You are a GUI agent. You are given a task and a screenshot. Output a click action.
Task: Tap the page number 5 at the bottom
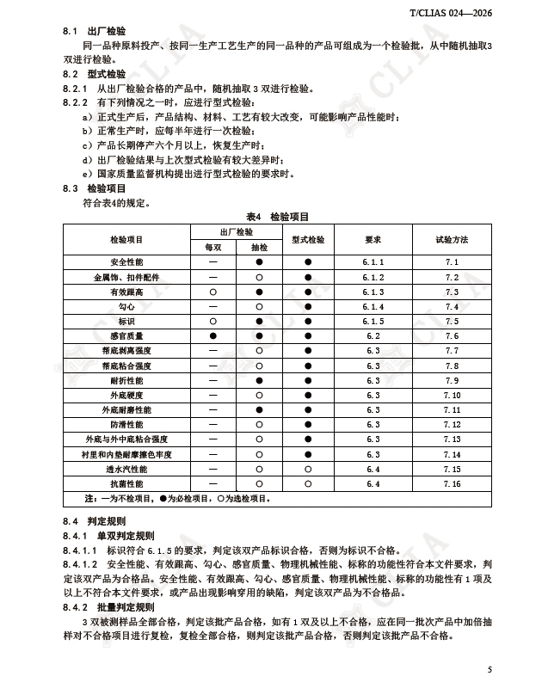pos(490,668)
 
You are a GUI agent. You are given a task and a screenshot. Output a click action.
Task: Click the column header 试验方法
pos(452,239)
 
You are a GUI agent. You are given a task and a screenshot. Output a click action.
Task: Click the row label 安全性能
pos(126,261)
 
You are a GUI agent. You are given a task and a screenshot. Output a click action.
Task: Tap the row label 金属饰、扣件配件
pos(126,277)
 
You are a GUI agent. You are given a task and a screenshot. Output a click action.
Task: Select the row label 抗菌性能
pos(126,484)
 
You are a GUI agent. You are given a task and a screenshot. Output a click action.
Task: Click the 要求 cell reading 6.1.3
pos(373,292)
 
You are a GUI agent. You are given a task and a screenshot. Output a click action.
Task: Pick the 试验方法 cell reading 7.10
pos(452,395)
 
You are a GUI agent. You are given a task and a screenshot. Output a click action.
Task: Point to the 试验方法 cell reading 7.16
pos(452,484)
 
